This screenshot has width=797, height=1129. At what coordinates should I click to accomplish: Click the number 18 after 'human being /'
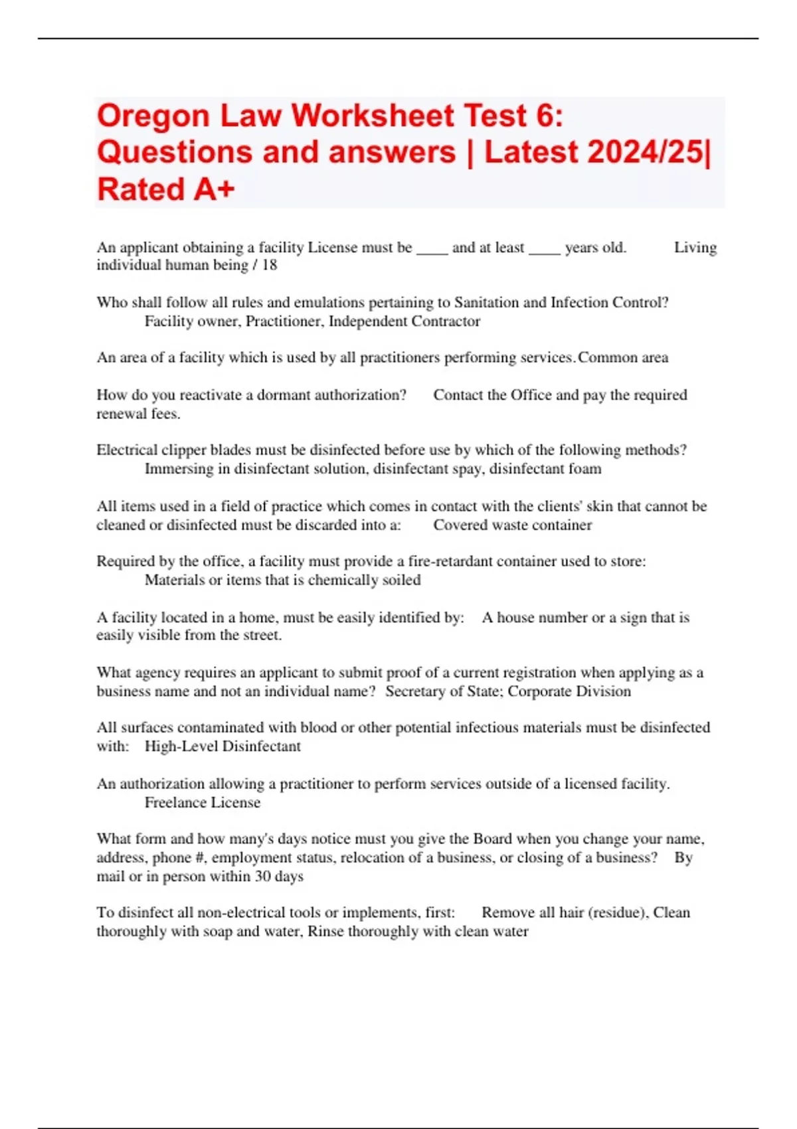click(x=269, y=265)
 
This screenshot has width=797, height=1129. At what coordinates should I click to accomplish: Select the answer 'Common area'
click(x=623, y=358)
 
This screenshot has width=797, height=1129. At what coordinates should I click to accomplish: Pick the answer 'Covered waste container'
click(x=512, y=525)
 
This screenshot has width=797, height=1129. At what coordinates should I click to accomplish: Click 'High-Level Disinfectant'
click(x=222, y=746)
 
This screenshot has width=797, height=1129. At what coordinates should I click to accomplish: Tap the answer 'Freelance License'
click(x=203, y=803)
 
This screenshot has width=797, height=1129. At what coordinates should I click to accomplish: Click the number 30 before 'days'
click(x=262, y=877)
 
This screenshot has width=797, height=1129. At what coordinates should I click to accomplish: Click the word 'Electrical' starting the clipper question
click(x=127, y=450)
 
